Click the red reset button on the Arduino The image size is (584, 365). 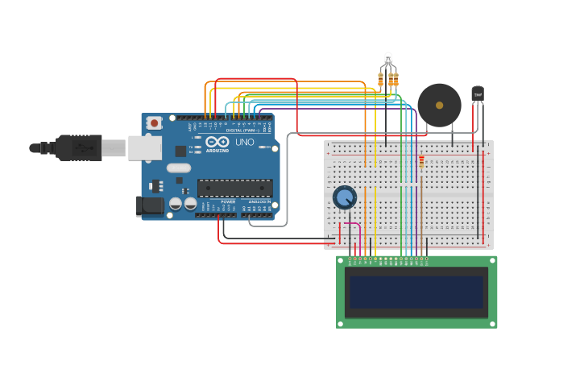click(153, 122)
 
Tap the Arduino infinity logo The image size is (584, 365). click(217, 142)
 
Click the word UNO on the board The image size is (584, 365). click(245, 143)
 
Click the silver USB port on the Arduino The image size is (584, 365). click(144, 147)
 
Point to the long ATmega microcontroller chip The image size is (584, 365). click(234, 188)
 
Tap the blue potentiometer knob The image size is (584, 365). click(345, 197)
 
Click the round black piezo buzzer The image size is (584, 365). click(439, 105)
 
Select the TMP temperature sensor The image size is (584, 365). click(478, 94)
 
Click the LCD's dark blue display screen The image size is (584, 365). click(416, 292)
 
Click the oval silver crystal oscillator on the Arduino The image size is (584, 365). click(179, 168)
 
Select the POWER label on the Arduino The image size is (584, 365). click(228, 202)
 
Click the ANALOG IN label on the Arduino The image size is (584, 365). click(259, 202)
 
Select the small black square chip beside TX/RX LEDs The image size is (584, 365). click(180, 151)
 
